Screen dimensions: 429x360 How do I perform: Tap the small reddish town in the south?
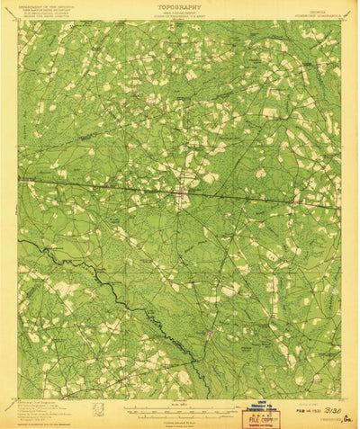(209, 335)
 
